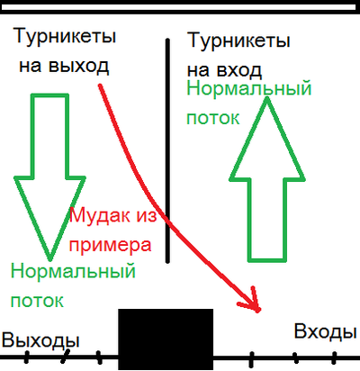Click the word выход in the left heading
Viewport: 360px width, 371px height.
(x=78, y=66)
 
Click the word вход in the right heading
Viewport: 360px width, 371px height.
(x=238, y=70)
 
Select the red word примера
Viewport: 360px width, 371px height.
(x=111, y=246)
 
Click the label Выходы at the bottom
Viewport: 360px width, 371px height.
(x=40, y=341)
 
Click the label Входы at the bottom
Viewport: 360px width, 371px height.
(x=325, y=332)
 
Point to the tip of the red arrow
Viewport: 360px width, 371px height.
(x=258, y=311)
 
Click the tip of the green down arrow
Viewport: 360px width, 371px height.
(x=50, y=259)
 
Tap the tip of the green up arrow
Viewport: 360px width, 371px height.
(x=266, y=99)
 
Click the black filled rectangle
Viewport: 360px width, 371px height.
(x=166, y=339)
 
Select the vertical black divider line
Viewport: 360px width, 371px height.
(x=167, y=150)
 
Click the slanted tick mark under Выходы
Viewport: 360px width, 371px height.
(x=65, y=357)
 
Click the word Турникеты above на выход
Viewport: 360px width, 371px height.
(x=65, y=36)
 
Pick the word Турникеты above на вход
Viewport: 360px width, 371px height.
(x=238, y=41)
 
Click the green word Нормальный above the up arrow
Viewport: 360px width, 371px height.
(x=249, y=88)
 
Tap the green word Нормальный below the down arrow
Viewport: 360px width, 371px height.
(x=73, y=270)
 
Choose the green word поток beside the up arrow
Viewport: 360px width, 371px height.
(x=213, y=118)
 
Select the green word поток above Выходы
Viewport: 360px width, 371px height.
(x=37, y=300)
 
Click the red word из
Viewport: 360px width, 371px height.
(x=147, y=215)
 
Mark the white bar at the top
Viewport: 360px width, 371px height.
(x=179, y=7)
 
